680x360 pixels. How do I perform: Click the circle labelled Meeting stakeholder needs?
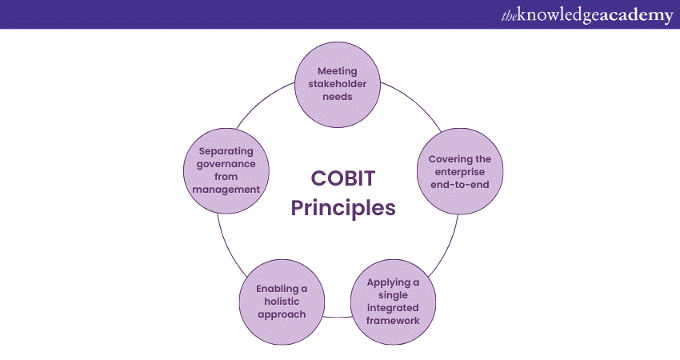tap(338, 85)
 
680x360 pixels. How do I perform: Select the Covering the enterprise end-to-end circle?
tap(460, 171)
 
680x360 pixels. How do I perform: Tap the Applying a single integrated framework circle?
tap(393, 302)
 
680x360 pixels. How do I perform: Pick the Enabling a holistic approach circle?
tap(282, 302)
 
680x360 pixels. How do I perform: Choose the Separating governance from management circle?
tap(226, 170)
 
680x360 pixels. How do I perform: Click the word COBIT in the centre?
tap(343, 178)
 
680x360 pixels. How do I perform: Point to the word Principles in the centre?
tap(343, 208)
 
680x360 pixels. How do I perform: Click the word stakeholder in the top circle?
tap(338, 84)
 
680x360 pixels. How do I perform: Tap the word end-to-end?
tap(460, 185)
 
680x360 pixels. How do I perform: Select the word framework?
tap(393, 321)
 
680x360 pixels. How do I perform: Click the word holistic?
tap(282, 302)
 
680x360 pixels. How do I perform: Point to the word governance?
tap(226, 164)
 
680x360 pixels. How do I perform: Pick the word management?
tap(226, 190)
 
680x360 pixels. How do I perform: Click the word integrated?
tap(393, 308)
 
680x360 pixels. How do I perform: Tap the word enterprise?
tap(460, 172)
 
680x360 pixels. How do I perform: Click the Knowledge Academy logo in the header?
tap(587, 15)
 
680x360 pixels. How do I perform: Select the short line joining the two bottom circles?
tap(338, 317)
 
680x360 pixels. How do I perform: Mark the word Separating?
tap(226, 151)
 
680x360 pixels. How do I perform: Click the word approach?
tap(282, 314)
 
